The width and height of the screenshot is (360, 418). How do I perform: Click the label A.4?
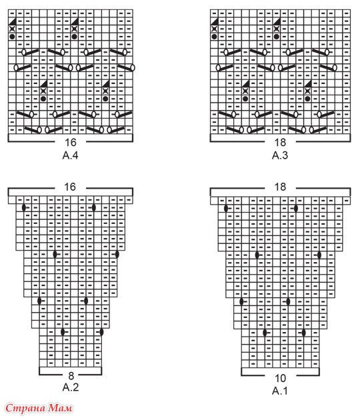(71, 155)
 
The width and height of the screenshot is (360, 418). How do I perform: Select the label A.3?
(280, 155)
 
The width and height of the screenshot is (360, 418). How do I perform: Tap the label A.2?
(71, 387)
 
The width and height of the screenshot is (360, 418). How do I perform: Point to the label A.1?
(280, 391)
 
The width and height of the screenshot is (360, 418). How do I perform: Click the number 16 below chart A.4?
(71, 143)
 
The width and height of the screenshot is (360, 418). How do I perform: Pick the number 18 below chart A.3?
(280, 143)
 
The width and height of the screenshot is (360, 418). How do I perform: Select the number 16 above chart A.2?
(70, 187)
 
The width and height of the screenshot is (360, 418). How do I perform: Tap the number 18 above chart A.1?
(280, 187)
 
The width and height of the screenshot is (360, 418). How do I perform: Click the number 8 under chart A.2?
(71, 375)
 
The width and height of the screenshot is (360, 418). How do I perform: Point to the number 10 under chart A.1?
(280, 378)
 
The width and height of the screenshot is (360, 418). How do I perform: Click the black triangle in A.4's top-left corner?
(12, 21)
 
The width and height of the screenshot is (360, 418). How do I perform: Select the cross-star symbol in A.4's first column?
(12, 29)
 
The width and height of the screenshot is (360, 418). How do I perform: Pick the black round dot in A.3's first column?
(214, 37)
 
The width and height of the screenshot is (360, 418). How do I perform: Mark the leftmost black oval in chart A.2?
(24, 208)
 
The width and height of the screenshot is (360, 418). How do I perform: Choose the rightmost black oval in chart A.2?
(117, 254)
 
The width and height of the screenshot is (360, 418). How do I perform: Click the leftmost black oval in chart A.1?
(226, 209)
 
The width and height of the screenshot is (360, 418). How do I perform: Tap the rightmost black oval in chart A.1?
(319, 255)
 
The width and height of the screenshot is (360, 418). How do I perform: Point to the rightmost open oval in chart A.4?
(133, 68)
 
